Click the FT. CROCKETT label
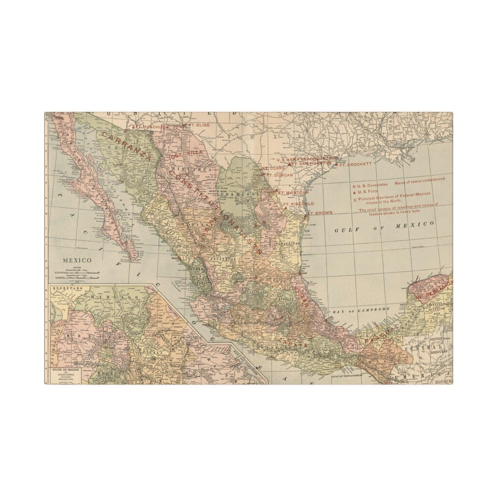(355, 164)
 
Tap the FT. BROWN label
(320, 213)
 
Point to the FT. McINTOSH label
(292, 193)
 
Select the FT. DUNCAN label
(281, 175)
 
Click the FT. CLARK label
(274, 168)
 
